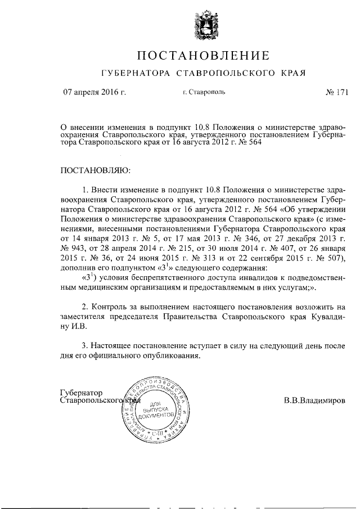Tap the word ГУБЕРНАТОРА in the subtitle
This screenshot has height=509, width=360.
point(135,74)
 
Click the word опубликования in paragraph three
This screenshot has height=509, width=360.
point(172,357)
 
